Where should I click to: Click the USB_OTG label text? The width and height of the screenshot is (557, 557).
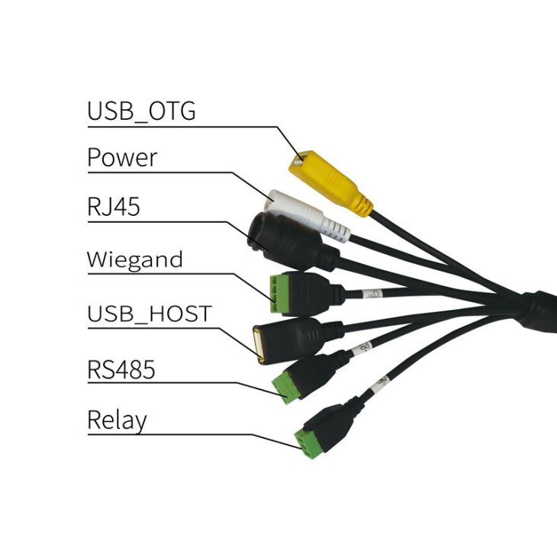tap(141, 111)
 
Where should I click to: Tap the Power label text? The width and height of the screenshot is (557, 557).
tap(122, 158)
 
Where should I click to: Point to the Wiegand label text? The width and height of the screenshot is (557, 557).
tap(135, 259)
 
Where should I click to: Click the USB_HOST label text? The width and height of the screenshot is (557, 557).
tap(149, 314)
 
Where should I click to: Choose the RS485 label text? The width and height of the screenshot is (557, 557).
tap(121, 370)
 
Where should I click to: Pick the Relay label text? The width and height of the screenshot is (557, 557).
tap(117, 420)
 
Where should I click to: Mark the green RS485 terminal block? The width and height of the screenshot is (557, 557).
tap(288, 385)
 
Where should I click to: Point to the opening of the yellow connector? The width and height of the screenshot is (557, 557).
tap(299, 162)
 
